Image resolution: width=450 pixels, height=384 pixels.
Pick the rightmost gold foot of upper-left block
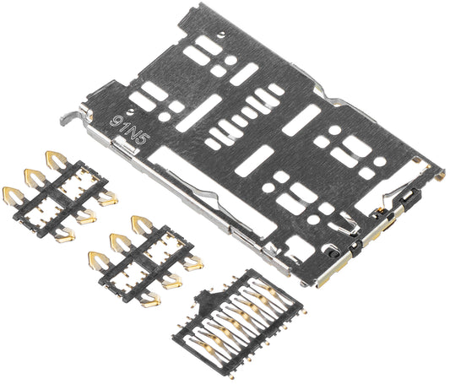[108, 199]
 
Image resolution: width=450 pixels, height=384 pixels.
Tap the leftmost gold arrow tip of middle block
[95, 258]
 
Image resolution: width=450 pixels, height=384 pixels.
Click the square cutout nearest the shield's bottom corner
[297, 247]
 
